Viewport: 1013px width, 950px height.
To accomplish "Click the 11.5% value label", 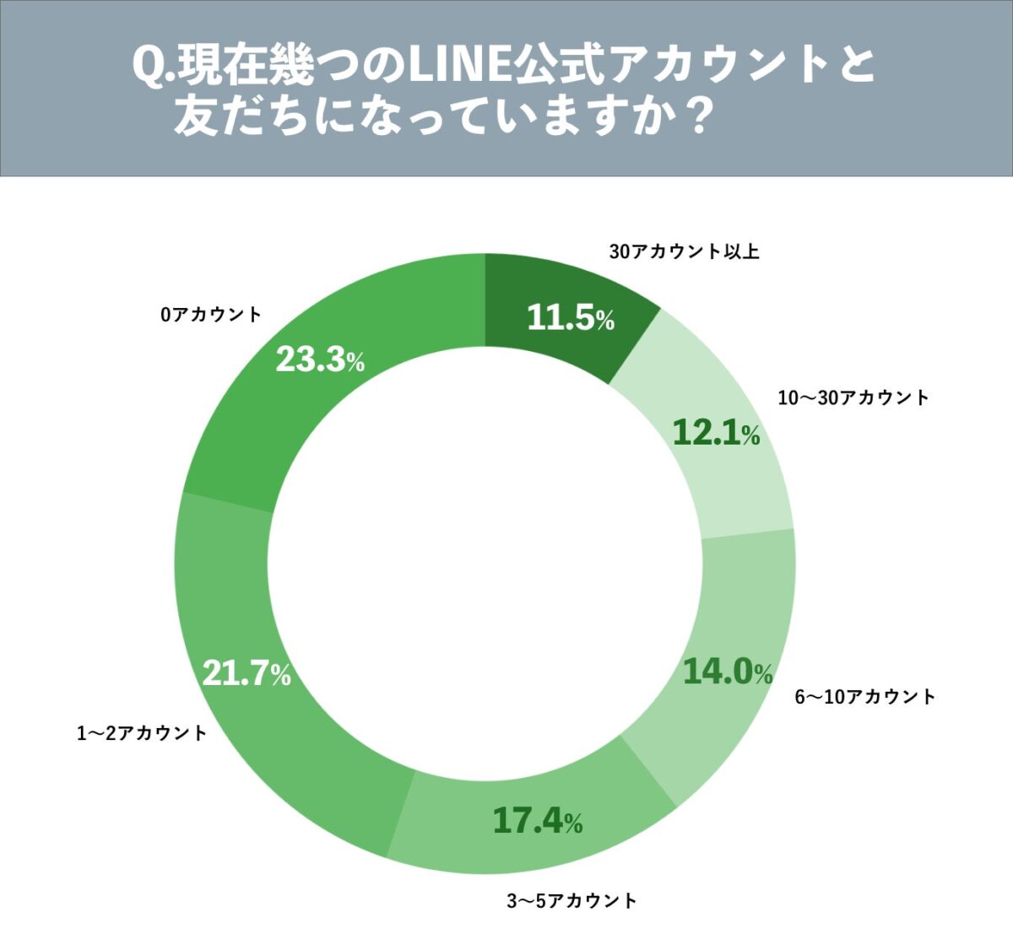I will [571, 318].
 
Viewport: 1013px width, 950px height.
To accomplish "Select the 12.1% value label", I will [716, 433].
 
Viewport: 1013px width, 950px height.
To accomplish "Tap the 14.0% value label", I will [727, 672].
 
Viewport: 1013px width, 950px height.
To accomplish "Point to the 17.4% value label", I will [537, 820].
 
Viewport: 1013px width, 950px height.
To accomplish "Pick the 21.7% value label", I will [246, 673].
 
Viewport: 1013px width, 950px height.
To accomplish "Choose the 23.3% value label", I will [320, 360].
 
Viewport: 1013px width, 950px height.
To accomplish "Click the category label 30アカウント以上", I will [684, 251].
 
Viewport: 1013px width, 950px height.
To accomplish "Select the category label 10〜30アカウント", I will [853, 397].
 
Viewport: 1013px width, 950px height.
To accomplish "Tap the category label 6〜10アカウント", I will [864, 697].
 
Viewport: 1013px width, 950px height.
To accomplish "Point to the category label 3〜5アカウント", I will [572, 901].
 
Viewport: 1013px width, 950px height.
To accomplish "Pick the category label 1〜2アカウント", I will [142, 733].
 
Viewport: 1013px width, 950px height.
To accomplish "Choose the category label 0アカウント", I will [211, 315].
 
